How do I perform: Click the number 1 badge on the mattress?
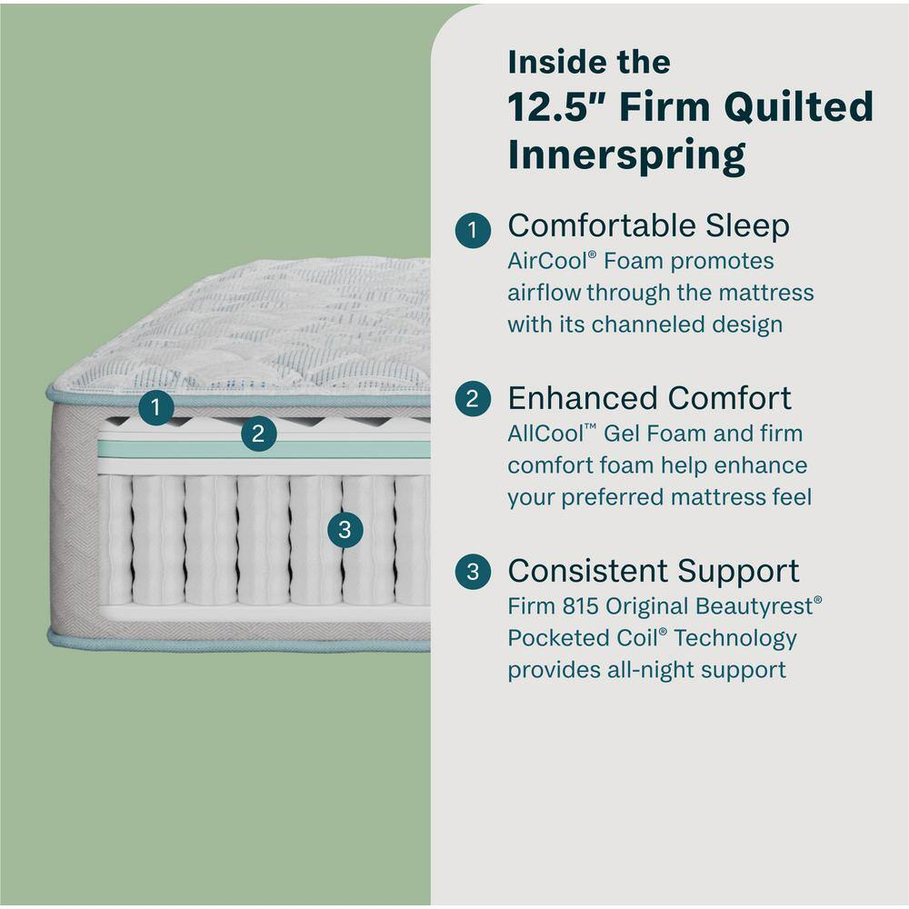pyautogui.click(x=157, y=407)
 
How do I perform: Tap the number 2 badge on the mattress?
pyautogui.click(x=258, y=434)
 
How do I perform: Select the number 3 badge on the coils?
pyautogui.click(x=344, y=529)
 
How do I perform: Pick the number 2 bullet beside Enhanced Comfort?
pyautogui.click(x=473, y=399)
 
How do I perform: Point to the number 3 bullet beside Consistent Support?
pyautogui.click(x=473, y=572)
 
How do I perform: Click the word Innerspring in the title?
pyautogui.click(x=626, y=155)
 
